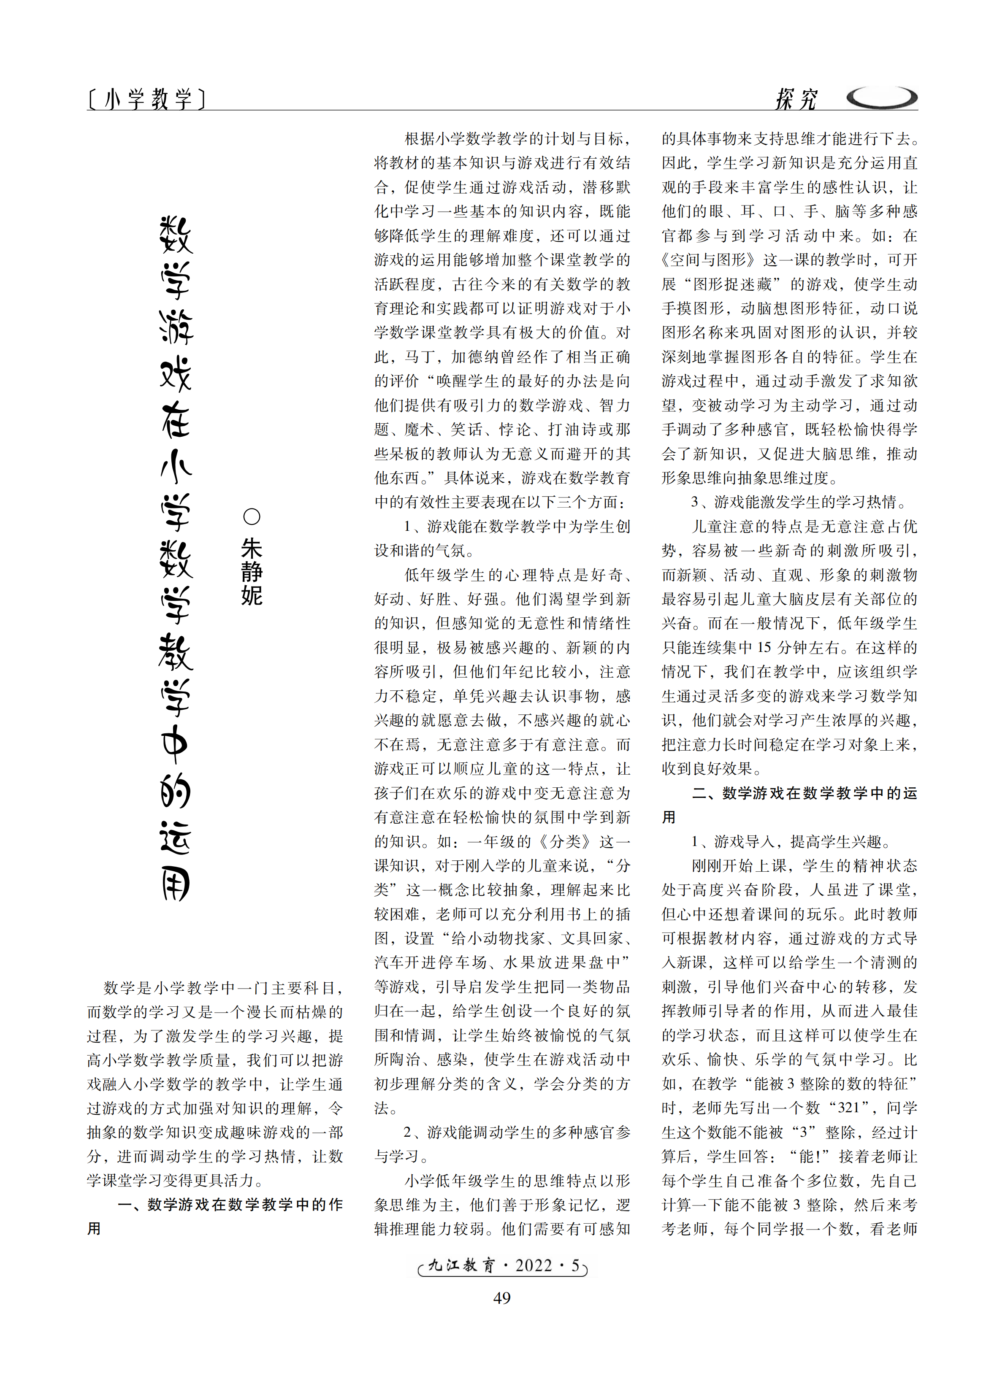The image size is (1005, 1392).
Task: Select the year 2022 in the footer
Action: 534,1265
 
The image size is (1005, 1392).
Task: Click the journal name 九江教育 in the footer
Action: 461,1265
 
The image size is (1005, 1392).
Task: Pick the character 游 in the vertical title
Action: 176,327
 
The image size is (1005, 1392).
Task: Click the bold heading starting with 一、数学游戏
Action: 230,1205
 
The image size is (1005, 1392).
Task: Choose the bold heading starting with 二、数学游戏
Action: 804,793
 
